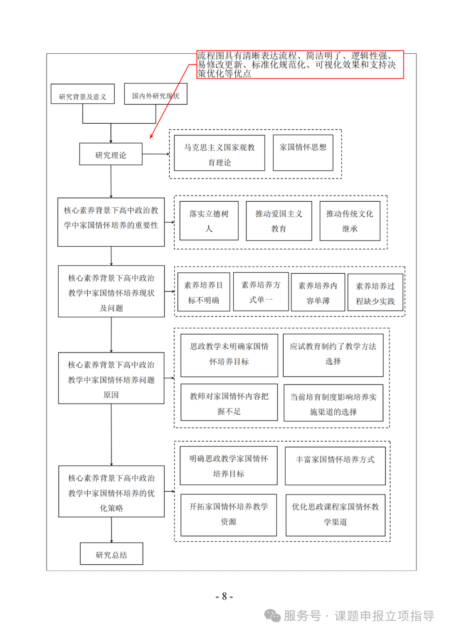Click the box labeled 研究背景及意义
tap(82, 94)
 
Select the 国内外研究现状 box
tap(155, 94)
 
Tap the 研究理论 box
tap(111, 154)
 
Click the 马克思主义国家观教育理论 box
tap(220, 153)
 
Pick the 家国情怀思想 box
tap(303, 153)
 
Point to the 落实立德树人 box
tap(209, 221)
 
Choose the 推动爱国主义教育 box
tap(279, 221)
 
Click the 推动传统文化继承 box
tap(350, 221)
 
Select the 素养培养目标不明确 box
tap(204, 292)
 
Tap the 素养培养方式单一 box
tap(261, 291)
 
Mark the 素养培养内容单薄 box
tap(318, 292)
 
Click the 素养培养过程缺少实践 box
tap(375, 292)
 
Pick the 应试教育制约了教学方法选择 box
tap(333, 355)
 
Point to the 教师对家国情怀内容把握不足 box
tap(229, 402)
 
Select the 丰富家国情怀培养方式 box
tap(335, 466)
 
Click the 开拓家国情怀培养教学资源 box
tap(229, 515)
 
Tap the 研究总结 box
tap(111, 553)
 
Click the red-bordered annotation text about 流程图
tap(300, 64)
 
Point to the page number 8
tap(224, 596)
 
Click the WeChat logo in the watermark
tap(272, 616)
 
